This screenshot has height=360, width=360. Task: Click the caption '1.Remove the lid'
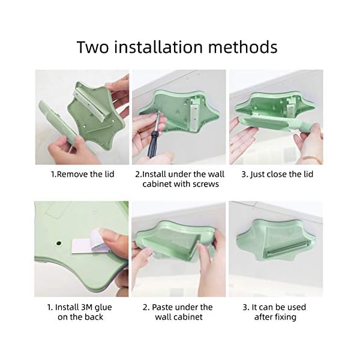(82, 174)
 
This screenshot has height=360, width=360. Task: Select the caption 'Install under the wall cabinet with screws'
(179, 179)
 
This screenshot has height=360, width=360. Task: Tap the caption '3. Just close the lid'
(276, 174)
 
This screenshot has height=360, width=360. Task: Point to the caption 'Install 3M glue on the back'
(82, 311)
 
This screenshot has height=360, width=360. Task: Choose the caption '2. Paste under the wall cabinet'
(179, 311)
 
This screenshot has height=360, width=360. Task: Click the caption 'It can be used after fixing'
(276, 311)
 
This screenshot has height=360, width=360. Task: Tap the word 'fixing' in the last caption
(284, 317)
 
